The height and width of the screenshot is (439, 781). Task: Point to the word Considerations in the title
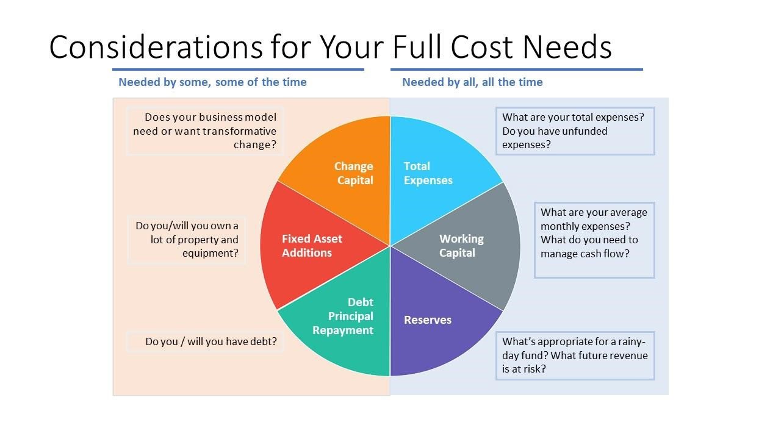tap(156, 47)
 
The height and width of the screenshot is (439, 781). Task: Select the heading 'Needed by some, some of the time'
tap(213, 82)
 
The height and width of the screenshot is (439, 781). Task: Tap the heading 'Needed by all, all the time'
tap(472, 82)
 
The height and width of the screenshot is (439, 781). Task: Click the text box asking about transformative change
tap(205, 130)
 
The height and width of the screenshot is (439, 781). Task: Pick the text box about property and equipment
tap(187, 240)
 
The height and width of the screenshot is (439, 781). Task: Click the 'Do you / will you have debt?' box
tap(205, 341)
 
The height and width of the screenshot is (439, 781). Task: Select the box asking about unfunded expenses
tap(575, 130)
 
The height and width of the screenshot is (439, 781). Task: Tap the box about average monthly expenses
tap(594, 240)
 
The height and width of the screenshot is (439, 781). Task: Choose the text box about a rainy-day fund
tap(575, 355)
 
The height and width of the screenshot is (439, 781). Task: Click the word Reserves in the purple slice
tap(428, 320)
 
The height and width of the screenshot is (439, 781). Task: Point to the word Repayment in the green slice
tap(343, 330)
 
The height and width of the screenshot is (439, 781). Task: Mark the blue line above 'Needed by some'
tap(238, 70)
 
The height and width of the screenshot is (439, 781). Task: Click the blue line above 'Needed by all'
tap(517, 70)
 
